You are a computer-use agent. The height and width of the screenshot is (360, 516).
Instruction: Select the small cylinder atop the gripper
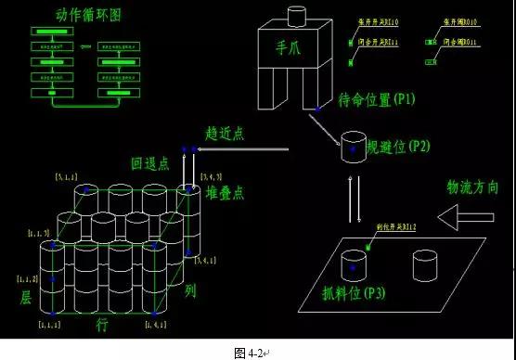point(296,16)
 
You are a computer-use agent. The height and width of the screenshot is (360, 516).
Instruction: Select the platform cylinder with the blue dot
point(354,265)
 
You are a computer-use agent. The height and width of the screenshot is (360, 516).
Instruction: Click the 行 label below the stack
point(102,326)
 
